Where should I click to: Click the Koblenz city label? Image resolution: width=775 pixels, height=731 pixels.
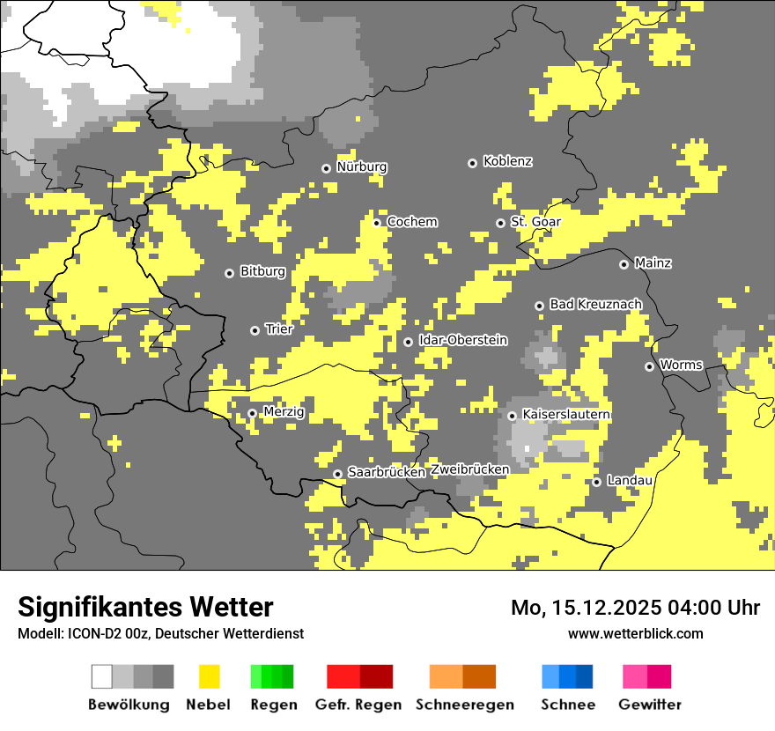[507, 161]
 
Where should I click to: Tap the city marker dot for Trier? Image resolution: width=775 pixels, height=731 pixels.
[255, 330]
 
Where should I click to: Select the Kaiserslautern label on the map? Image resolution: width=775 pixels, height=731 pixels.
[566, 414]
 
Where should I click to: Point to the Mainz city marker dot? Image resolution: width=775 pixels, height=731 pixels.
[624, 264]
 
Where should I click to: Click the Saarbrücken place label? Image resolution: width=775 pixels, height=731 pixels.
[387, 472]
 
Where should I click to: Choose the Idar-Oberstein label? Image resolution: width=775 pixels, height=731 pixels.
[462, 340]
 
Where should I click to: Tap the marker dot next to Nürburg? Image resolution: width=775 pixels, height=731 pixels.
[326, 168]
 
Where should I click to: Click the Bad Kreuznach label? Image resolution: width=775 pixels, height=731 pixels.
[595, 304]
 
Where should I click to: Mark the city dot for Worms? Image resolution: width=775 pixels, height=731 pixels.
[649, 366]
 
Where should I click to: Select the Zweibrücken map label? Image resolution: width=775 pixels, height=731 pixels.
[469, 469]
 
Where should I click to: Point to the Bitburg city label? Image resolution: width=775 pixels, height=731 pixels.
[262, 271]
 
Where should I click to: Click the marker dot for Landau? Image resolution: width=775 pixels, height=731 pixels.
[596, 482]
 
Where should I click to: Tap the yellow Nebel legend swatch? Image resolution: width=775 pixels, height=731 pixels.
[209, 676]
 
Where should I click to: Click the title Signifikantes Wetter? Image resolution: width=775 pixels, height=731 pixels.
[145, 608]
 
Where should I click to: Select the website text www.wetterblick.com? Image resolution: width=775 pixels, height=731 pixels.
[635, 633]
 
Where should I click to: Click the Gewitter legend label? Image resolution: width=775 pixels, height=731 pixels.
[649, 705]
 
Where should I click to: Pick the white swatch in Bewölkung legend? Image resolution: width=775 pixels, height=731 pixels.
[102, 676]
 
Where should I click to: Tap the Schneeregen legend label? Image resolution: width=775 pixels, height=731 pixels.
[464, 705]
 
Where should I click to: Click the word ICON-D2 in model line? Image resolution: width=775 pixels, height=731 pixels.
[85, 634]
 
